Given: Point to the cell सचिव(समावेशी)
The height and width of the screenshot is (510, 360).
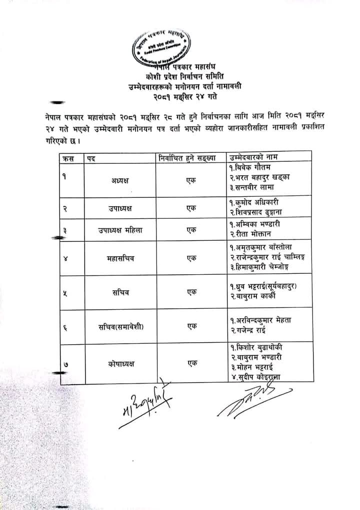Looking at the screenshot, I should [120, 327].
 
